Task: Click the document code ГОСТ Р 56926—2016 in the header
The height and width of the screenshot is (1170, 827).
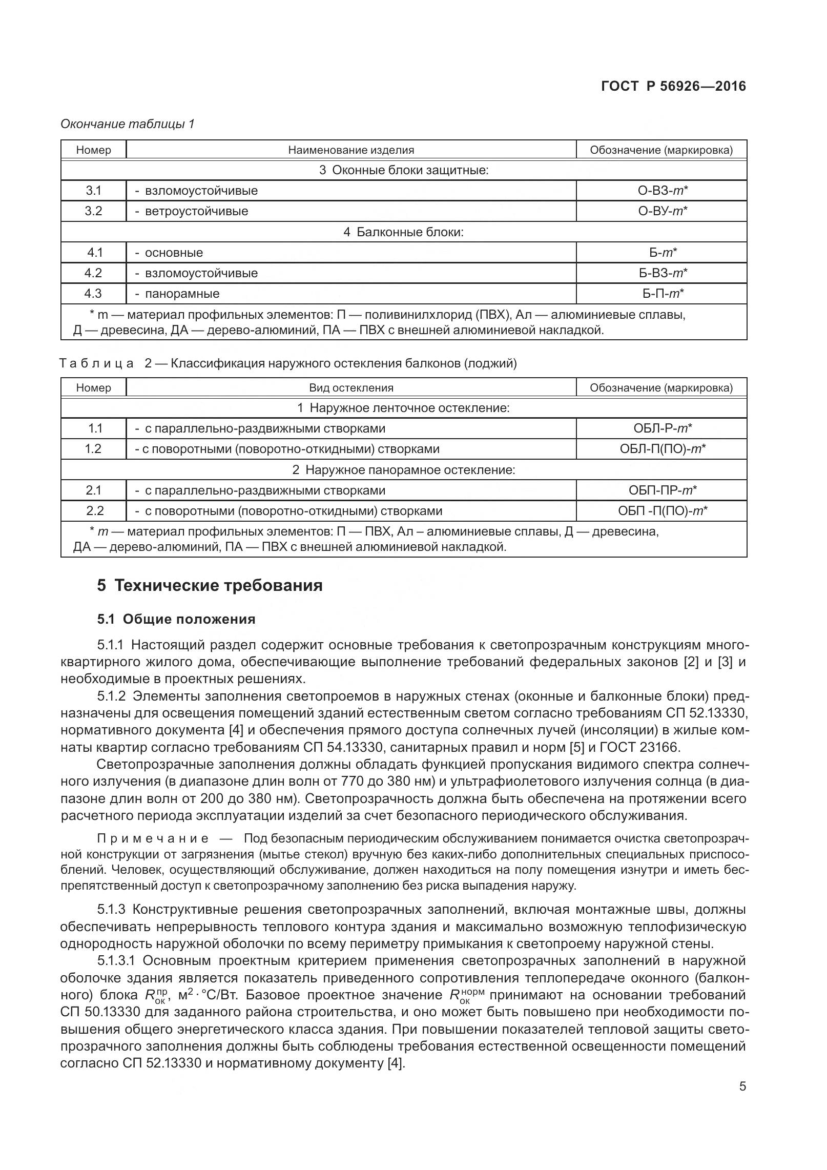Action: [x=673, y=86]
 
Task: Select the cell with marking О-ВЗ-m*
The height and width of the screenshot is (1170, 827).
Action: [x=662, y=191]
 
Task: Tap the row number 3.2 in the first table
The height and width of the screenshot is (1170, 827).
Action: [x=93, y=211]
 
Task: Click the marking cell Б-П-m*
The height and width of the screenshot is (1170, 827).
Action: [x=662, y=294]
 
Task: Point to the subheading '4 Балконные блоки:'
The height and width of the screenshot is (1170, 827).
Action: [x=403, y=232]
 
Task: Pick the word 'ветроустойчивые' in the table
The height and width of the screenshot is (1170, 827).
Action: [x=196, y=211]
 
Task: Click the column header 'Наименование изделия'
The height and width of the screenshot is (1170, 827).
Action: [x=351, y=150]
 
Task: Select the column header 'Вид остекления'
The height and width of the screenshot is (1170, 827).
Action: [x=351, y=388]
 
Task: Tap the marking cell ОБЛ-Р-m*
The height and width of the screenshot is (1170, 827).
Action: [x=662, y=428]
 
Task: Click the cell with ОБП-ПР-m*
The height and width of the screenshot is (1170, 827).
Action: [x=662, y=490]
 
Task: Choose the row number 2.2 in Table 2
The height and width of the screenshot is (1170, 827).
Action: [x=93, y=511]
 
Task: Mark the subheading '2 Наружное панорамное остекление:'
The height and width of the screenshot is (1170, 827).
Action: [x=403, y=470]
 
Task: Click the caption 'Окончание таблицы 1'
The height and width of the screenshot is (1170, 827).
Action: [x=128, y=124]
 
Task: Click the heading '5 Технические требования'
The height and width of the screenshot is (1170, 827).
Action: [x=210, y=585]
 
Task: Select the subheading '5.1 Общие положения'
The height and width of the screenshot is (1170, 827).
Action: [x=176, y=619]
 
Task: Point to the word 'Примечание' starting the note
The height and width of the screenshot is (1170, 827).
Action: [x=153, y=839]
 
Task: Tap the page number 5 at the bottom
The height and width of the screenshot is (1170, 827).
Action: [x=742, y=1101]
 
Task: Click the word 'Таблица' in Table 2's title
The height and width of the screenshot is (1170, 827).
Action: [x=97, y=364]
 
